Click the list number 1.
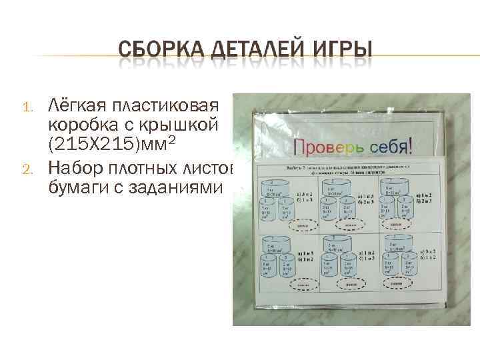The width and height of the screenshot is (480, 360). tap(27, 108)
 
